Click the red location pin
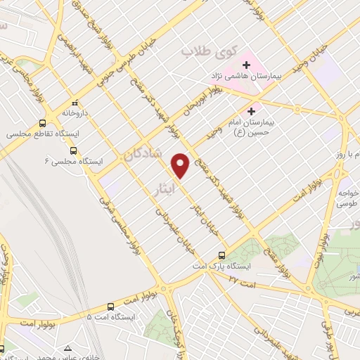[181, 165]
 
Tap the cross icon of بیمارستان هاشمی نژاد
[246, 65]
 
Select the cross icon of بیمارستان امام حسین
[251, 111]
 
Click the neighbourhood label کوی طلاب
[207, 52]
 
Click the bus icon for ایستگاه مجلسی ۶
[73, 150]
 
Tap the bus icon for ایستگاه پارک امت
[221, 255]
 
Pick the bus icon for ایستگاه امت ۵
[110, 307]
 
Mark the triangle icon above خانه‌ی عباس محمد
[67, 348]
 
